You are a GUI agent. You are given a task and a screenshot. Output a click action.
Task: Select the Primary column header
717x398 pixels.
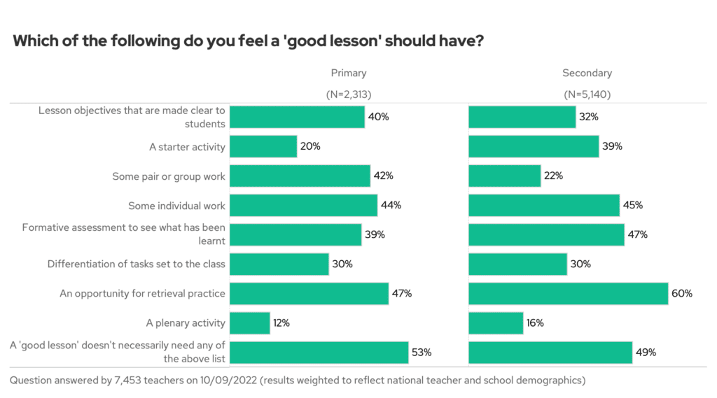(349, 73)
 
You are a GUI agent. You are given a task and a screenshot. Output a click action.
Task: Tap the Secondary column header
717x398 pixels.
(587, 73)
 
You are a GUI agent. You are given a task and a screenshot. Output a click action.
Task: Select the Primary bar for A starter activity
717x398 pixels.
(263, 147)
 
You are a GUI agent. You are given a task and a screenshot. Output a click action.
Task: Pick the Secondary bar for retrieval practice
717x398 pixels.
(568, 294)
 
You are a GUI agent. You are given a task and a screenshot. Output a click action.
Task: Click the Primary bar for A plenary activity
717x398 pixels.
(250, 323)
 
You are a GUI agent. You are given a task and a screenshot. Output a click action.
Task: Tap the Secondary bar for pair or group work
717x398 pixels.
(504, 176)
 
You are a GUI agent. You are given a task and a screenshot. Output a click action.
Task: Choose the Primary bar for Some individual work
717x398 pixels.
(303, 206)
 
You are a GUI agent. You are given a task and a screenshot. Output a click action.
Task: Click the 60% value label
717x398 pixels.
(682, 294)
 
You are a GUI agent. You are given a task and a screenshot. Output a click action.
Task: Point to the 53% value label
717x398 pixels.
(422, 353)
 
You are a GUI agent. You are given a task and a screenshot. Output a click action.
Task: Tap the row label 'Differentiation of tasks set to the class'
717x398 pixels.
(137, 264)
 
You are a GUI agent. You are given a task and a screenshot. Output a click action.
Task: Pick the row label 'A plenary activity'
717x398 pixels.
(186, 323)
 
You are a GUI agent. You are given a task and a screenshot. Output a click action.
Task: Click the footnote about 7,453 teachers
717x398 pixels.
(298, 381)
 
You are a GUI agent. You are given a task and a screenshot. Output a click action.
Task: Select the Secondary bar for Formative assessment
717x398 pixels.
(546, 235)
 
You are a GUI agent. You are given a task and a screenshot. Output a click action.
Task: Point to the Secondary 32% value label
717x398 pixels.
(588, 117)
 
